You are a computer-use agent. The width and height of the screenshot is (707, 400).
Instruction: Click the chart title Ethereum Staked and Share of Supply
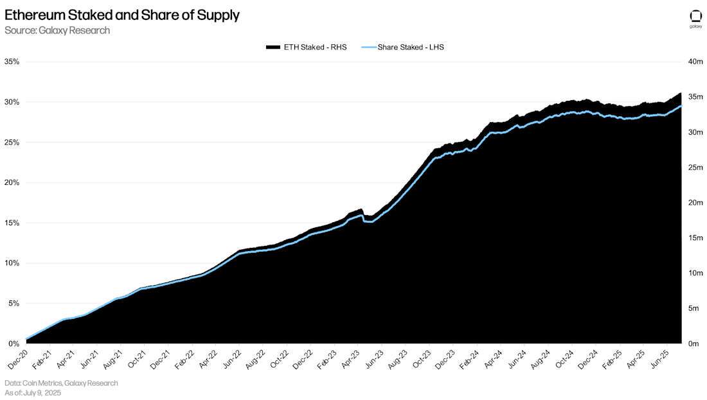pyautogui.click(x=122, y=15)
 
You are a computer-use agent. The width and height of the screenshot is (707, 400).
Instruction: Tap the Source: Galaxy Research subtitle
pyautogui.click(x=57, y=30)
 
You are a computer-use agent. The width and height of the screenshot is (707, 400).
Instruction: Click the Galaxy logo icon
pyautogui.click(x=695, y=17)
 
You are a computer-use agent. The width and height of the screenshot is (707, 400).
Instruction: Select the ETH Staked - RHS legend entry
pyautogui.click(x=306, y=47)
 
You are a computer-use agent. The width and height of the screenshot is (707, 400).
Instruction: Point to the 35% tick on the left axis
pyautogui.click(x=12, y=62)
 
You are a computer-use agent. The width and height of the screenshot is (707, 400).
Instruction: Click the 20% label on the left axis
pyautogui.click(x=12, y=182)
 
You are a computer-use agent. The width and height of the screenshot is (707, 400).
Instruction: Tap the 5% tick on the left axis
pyautogui.click(x=13, y=304)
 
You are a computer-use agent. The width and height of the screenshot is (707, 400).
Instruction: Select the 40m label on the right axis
pyautogui.click(x=695, y=62)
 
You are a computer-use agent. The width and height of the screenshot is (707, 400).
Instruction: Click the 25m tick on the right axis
pyautogui.click(x=695, y=168)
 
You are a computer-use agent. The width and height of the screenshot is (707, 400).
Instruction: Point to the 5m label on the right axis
pyautogui.click(x=694, y=308)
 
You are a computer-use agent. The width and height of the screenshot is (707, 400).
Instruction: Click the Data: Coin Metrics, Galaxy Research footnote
pyautogui.click(x=61, y=383)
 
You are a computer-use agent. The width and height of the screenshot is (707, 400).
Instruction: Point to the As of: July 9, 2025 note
pyautogui.click(x=33, y=392)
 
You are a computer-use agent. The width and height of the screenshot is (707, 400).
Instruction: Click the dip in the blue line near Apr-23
pyautogui.click(x=368, y=222)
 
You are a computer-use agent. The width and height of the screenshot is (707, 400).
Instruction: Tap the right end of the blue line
pyautogui.click(x=681, y=106)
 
